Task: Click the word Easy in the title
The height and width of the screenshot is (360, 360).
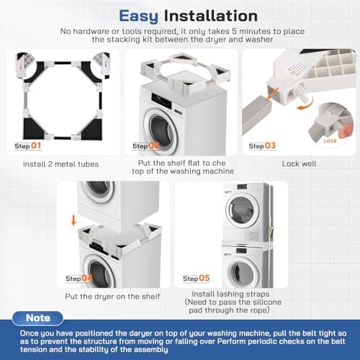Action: point(138,14)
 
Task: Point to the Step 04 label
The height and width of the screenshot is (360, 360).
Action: point(78,279)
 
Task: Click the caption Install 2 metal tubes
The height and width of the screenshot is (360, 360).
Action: point(61,164)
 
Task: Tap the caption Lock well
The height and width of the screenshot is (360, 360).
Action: point(300,164)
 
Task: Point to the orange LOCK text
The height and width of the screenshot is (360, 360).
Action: point(330,141)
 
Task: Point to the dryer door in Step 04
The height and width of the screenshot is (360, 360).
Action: point(101,190)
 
